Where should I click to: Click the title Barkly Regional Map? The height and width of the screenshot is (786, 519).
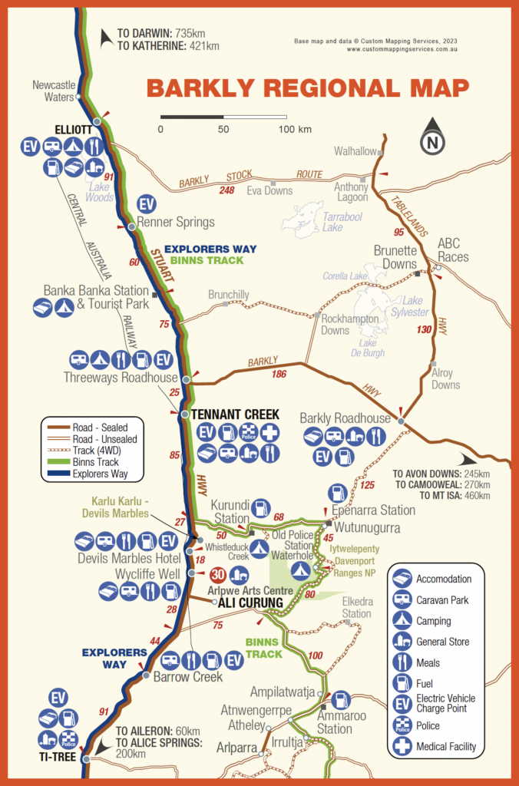[x=307, y=88]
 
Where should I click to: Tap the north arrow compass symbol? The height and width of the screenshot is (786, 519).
[x=432, y=139]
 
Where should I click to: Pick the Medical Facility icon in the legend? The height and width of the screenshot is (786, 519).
[x=404, y=745]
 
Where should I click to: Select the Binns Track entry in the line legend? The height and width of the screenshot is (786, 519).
[x=96, y=462]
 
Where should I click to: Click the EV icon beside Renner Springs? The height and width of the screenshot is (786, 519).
[x=147, y=205]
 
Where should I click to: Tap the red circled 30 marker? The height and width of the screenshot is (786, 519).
[x=217, y=573]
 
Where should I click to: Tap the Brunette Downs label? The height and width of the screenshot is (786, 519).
[x=395, y=256]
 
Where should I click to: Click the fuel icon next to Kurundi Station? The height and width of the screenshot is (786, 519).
[x=261, y=507]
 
